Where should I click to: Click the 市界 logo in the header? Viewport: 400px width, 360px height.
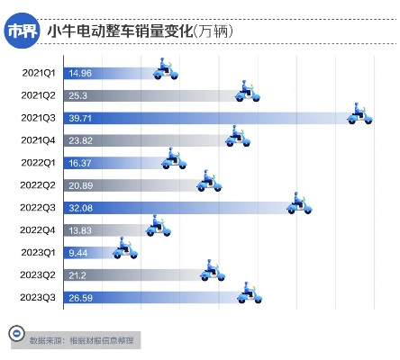tap(23, 31)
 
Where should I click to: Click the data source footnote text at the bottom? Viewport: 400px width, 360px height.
tap(94, 341)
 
